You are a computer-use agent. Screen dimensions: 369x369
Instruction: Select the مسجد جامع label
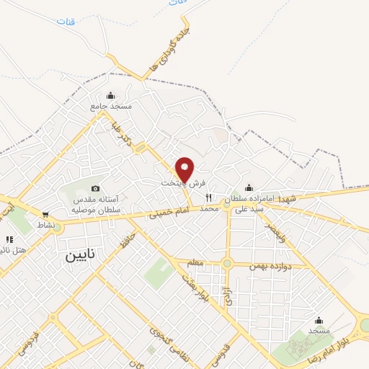tap(111, 106)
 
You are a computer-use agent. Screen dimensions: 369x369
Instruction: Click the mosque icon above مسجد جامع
tap(110, 95)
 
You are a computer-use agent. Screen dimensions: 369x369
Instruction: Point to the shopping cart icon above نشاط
tap(46, 214)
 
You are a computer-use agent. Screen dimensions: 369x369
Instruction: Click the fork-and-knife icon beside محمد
tap(209, 197)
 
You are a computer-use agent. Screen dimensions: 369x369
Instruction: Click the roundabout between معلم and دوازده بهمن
tap(227, 264)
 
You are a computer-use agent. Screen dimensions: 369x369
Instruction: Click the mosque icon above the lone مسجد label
tap(318, 320)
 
